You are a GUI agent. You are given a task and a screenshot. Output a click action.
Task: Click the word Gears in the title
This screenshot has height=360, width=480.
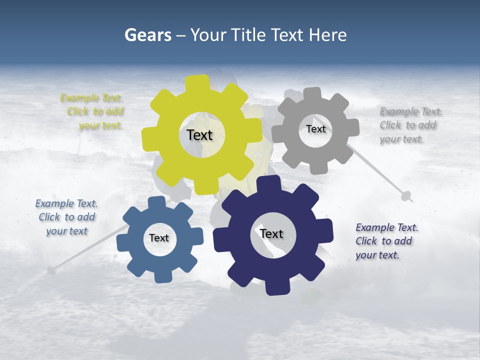tap(147, 35)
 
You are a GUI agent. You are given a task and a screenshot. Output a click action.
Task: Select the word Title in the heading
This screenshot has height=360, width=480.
tap(248, 35)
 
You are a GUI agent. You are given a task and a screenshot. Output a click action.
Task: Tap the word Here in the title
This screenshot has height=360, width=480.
tap(327, 35)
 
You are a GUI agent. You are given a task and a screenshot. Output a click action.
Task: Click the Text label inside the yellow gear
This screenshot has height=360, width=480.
tap(199, 135)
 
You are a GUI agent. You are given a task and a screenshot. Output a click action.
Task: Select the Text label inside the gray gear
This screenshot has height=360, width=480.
tap(315, 129)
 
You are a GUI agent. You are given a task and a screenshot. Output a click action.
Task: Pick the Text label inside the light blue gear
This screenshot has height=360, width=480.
tap(159, 238)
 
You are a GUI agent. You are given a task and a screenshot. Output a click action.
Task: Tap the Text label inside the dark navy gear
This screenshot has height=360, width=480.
tap(271, 233)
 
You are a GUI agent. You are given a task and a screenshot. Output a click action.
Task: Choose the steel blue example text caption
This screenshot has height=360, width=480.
tap(66, 217)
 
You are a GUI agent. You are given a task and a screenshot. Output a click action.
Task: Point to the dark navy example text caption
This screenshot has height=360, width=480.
tap(386, 241)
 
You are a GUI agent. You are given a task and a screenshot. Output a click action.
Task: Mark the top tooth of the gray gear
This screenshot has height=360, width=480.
tap(312, 93)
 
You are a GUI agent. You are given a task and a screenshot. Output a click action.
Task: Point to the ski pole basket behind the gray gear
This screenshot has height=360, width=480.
tap(406, 195)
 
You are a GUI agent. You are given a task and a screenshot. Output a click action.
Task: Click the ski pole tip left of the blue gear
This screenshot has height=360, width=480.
tap(50, 270)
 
